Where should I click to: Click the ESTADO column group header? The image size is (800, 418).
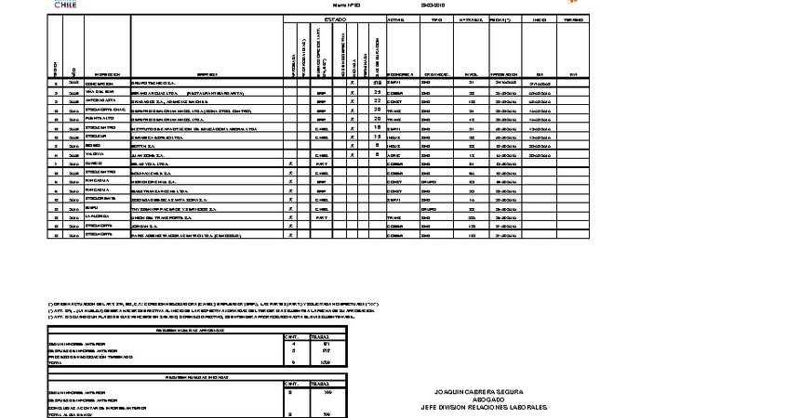335,19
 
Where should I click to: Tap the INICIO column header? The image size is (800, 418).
539,19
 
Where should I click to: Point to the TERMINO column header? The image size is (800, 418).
573,19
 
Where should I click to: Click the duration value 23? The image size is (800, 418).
378,92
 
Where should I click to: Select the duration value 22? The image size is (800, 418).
378,100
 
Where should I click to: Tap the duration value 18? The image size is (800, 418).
378,127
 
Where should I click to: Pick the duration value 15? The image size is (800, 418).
378,136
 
